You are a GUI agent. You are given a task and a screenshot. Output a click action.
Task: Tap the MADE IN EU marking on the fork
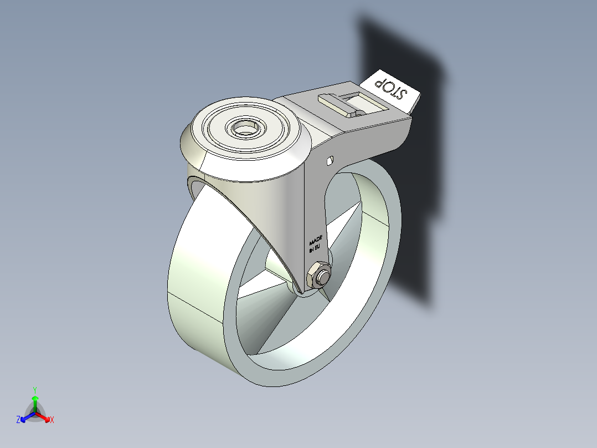click(x=316, y=244)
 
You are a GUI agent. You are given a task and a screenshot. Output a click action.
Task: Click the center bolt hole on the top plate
click(x=244, y=129)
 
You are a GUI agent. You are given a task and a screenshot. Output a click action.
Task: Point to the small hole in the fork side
click(x=330, y=161)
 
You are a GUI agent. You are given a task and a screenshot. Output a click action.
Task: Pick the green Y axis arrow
click(x=35, y=401)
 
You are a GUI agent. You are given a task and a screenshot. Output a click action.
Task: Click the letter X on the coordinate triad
click(x=52, y=420)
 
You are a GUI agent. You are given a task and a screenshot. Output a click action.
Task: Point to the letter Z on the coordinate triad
click(x=18, y=420)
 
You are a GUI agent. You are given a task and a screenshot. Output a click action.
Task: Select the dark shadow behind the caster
click(x=410, y=166)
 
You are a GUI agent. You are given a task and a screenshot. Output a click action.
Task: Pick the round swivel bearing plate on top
click(x=244, y=133)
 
